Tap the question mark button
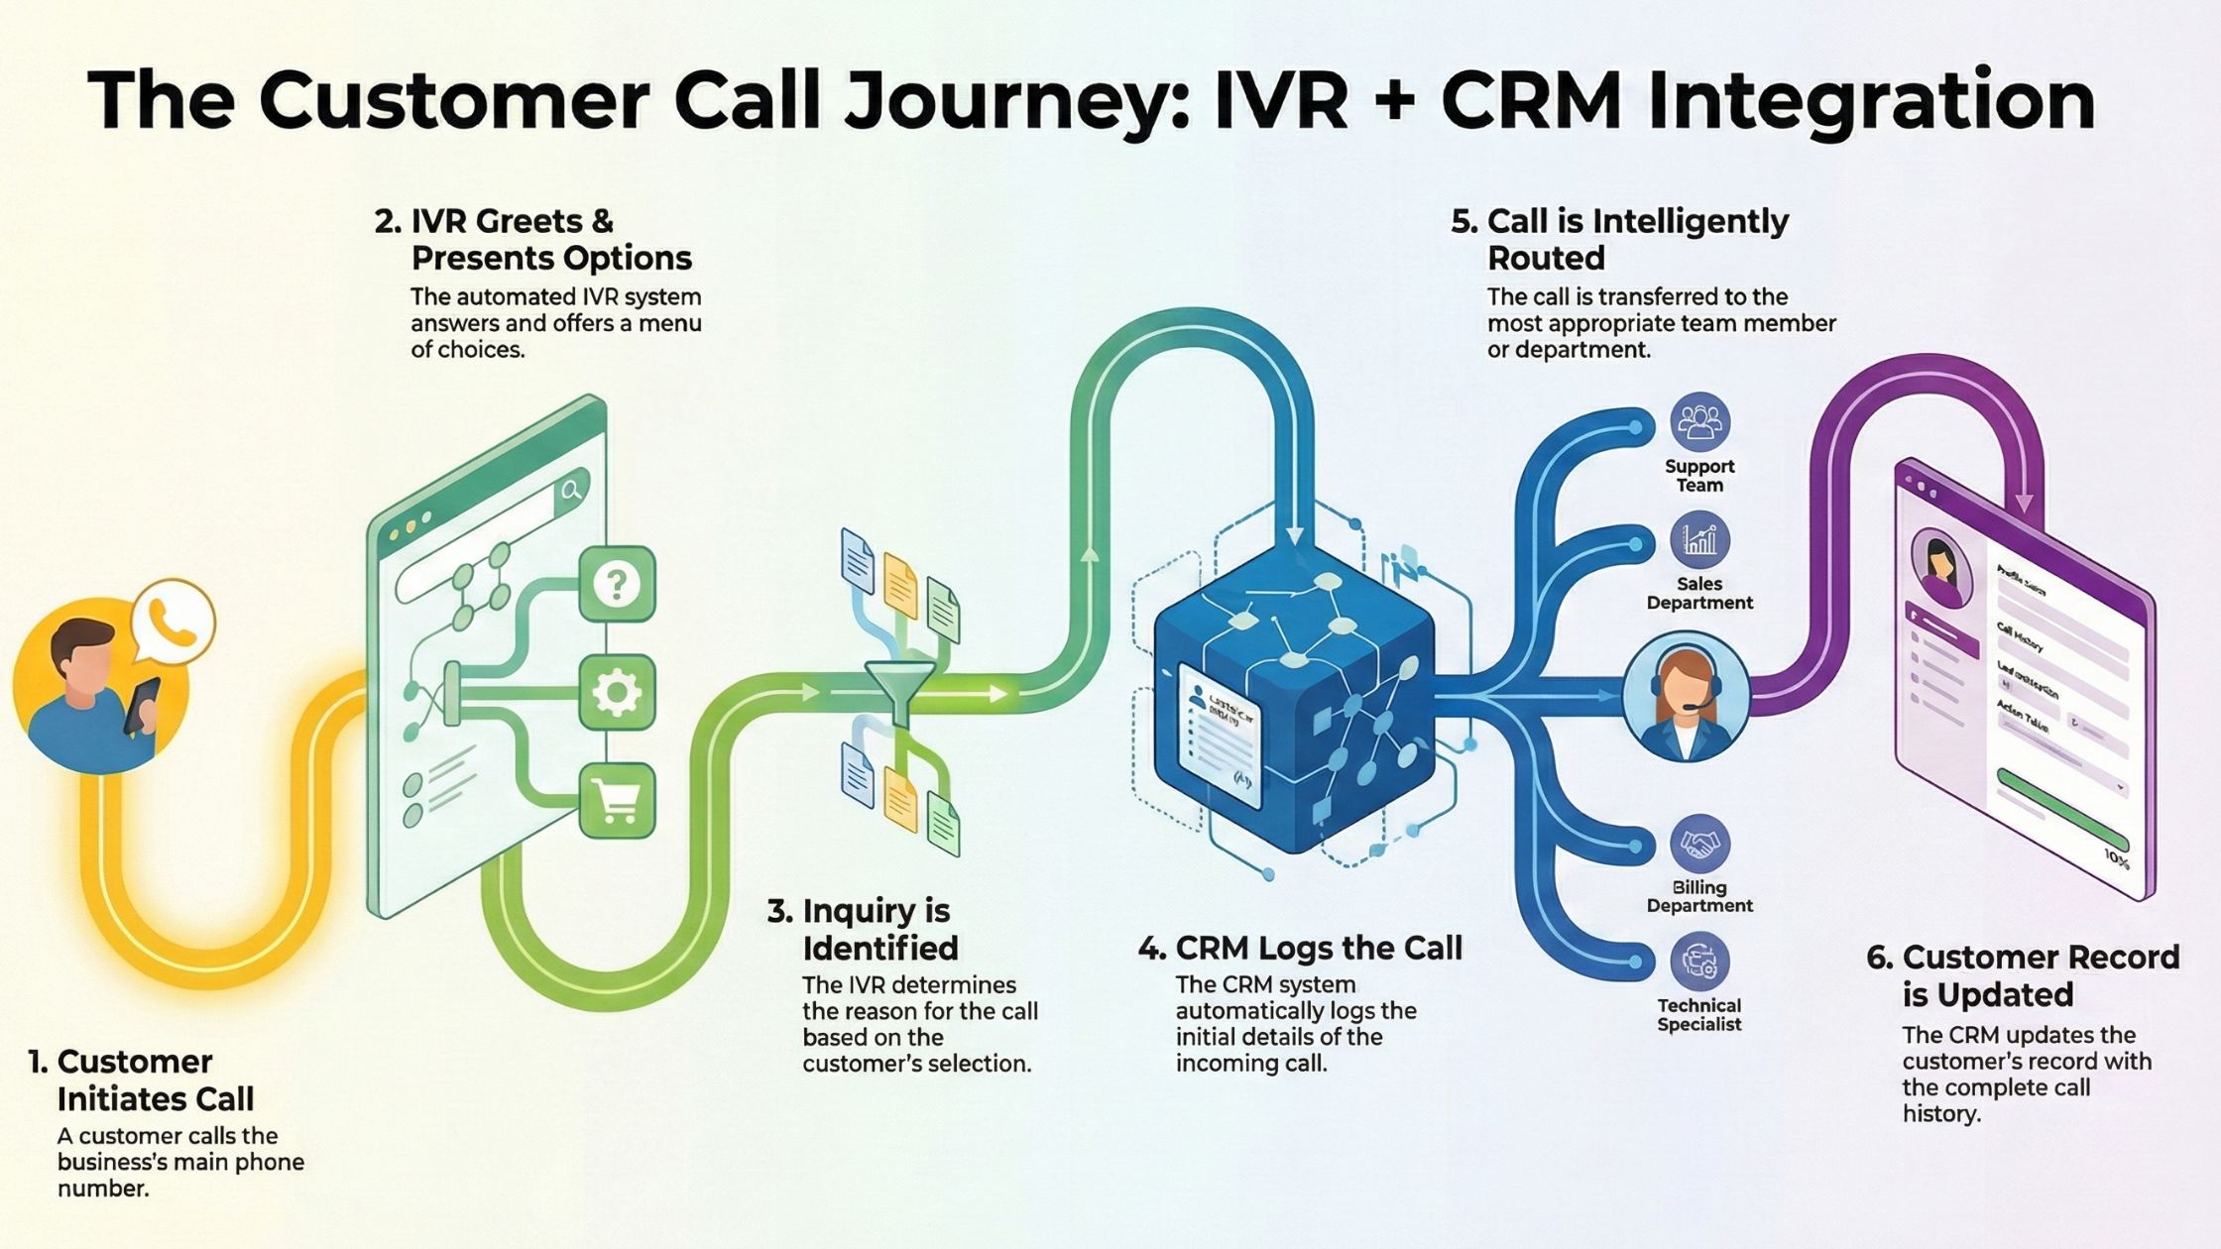pyautogui.click(x=617, y=584)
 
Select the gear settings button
pyautogui.click(x=617, y=692)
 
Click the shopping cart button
pyautogui.click(x=617, y=800)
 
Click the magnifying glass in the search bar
pyautogui.click(x=571, y=490)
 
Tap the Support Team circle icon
pyautogui.click(x=1699, y=423)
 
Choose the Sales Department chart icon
pyautogui.click(x=1699, y=540)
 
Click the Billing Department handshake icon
pyautogui.click(x=1699, y=845)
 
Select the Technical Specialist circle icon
pyautogui.click(x=1699, y=962)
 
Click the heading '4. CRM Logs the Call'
pyautogui.click(x=1300, y=949)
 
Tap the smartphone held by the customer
pyautogui.click(x=142, y=706)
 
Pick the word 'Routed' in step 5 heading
pyautogui.click(x=1546, y=259)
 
